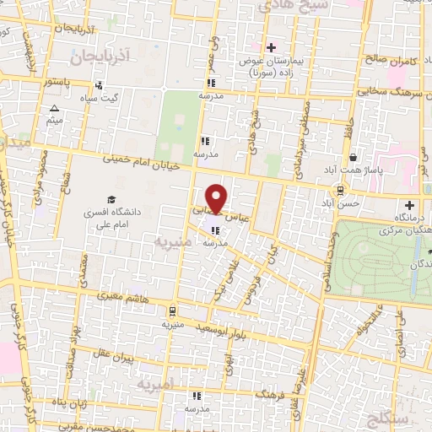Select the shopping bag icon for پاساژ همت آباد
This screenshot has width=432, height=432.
(x=352, y=157)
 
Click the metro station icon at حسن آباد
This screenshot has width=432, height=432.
(x=341, y=190)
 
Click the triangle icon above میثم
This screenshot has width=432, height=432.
(x=55, y=109)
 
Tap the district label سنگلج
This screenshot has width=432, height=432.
(x=391, y=418)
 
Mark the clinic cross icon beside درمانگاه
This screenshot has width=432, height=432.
(x=410, y=205)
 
